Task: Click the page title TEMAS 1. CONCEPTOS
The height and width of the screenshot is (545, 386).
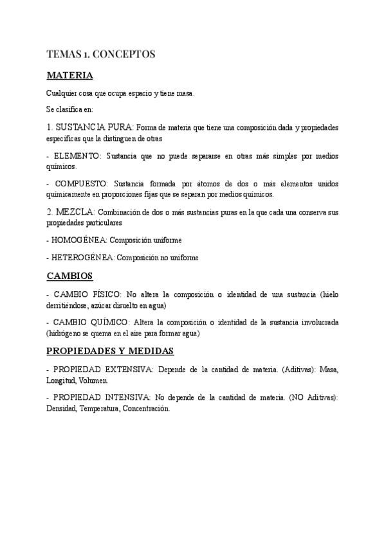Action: [x=100, y=54]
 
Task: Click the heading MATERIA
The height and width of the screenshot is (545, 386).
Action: [x=70, y=76]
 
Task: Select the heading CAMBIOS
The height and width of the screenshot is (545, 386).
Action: [x=70, y=276]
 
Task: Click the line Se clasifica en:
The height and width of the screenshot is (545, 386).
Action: [x=70, y=110]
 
